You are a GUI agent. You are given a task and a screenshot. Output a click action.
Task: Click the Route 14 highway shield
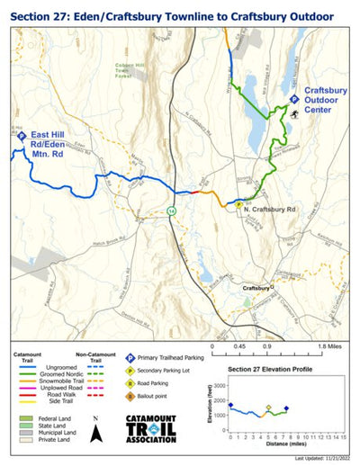tap(171, 210)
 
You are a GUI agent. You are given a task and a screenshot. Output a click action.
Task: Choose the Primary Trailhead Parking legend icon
tap(130, 357)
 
